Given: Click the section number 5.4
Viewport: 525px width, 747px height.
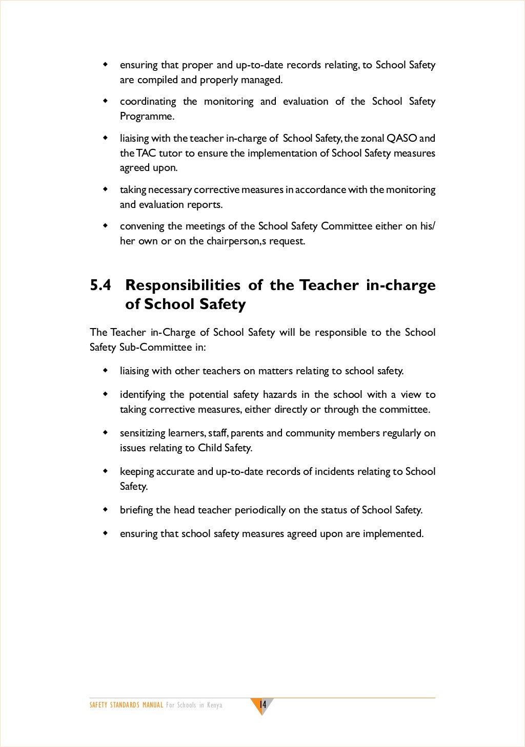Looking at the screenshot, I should [100, 285].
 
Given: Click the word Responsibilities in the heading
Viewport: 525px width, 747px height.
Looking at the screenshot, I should [183, 285].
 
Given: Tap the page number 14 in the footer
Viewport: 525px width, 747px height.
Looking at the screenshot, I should [262, 704].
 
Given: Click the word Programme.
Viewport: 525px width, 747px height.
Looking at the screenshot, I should [147, 117].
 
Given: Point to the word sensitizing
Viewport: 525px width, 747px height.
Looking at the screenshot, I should [143, 433].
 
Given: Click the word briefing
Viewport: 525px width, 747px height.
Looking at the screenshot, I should [136, 510].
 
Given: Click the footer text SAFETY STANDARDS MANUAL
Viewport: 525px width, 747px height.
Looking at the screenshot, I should [126, 705].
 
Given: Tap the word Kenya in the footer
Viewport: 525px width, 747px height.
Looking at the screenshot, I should [215, 705].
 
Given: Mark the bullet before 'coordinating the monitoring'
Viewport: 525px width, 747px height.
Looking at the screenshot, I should [106, 101].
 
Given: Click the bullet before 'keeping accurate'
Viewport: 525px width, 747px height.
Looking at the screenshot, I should [106, 471].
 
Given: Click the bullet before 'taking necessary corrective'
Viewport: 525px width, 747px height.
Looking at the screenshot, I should [106, 189].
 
